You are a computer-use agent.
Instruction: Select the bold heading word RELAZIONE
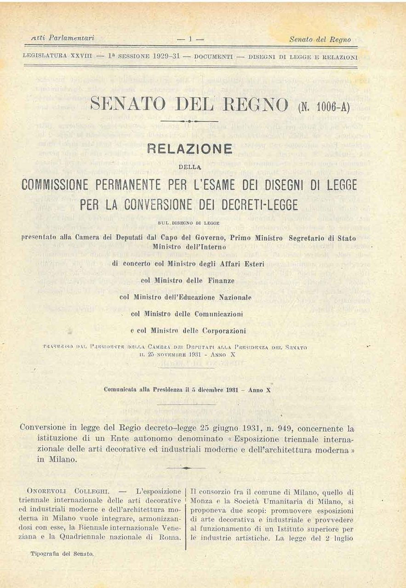click(189, 149)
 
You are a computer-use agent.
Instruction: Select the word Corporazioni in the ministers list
click(223, 331)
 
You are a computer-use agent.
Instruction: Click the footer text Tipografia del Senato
click(62, 554)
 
